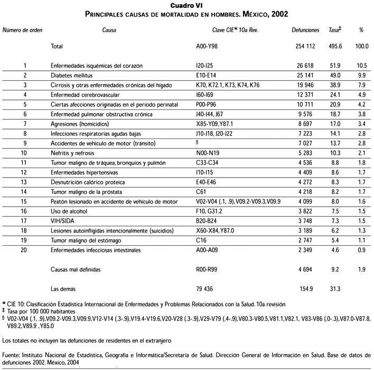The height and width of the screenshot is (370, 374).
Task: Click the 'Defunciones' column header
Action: pyautogui.click(x=305, y=31)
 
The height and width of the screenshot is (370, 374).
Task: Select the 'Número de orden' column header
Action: pyautogui.click(x=23, y=31)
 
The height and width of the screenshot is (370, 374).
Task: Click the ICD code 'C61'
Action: pyautogui.click(x=201, y=192)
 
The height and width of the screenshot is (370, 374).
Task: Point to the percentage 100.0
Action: pyautogui.click(x=361, y=47)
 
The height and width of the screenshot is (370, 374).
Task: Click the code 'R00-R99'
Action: pyautogui.click(x=207, y=270)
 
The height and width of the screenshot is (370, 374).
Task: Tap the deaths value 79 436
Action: pyautogui.click(x=208, y=289)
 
